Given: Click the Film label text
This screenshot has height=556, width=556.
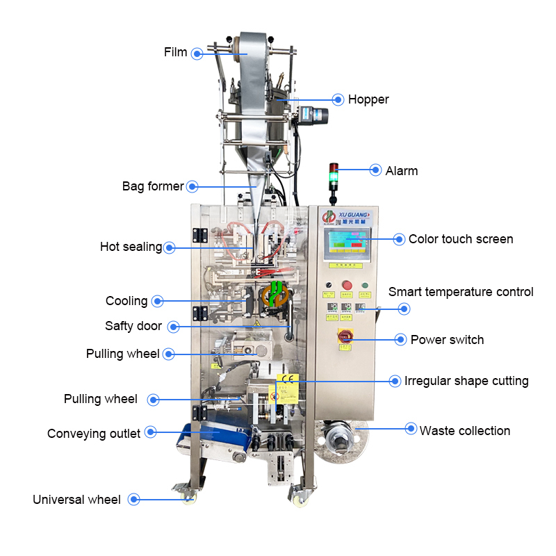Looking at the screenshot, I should click(175, 52).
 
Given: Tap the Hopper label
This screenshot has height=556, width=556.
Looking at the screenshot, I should click(368, 99).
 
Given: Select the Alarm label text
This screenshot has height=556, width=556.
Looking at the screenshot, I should click(402, 170).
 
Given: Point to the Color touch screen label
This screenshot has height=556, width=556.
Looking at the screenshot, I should click(461, 239).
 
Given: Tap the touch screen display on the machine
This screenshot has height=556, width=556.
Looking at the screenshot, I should click(347, 244).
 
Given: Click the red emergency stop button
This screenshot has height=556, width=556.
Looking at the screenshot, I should click(346, 285).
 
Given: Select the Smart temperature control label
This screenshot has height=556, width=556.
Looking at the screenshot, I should click(461, 292).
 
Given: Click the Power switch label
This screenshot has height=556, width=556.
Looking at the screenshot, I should click(447, 340).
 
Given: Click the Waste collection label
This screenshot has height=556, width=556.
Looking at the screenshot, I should click(465, 431).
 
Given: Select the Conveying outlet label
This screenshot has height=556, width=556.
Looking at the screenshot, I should click(94, 434).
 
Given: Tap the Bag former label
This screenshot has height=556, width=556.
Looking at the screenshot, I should click(153, 186).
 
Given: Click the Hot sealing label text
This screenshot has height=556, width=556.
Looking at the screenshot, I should click(131, 247).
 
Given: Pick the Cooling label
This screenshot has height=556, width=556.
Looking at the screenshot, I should click(126, 301).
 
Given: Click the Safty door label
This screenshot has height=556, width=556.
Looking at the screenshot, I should click(133, 326).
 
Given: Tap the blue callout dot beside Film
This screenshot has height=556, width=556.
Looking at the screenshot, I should click(197, 53).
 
